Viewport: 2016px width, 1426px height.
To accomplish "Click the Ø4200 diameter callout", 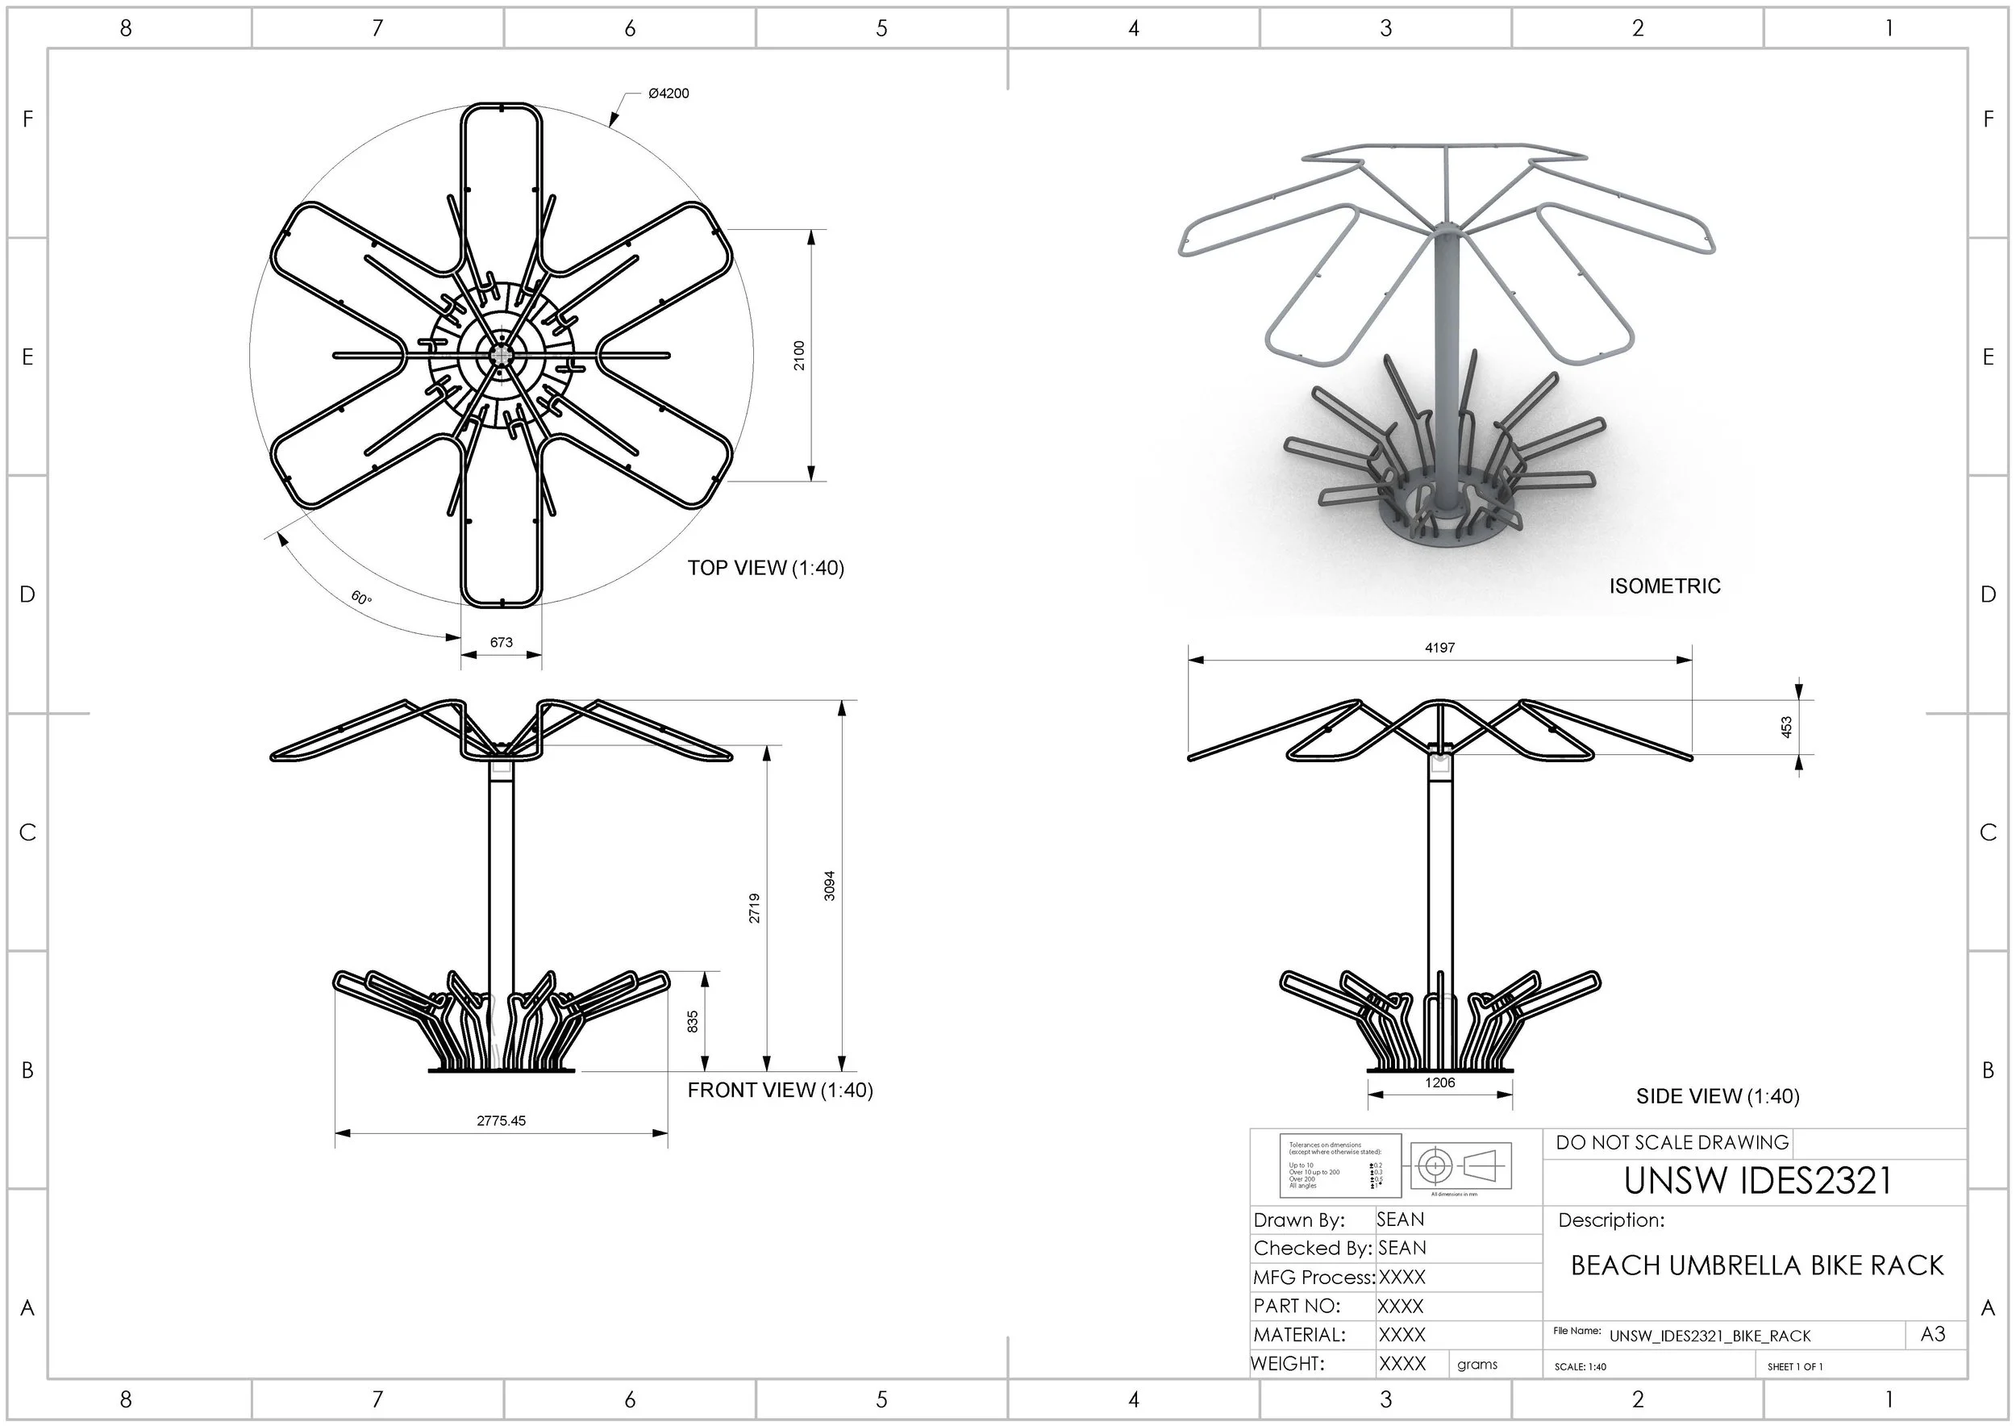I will [x=669, y=93].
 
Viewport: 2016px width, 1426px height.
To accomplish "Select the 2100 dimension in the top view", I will [x=799, y=355].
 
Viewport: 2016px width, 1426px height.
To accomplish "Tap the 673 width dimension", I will [x=502, y=642].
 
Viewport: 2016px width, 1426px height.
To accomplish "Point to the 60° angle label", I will [x=362, y=598].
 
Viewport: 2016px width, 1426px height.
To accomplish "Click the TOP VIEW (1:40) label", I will [x=765, y=568].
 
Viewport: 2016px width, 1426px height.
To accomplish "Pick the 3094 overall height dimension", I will [x=830, y=886].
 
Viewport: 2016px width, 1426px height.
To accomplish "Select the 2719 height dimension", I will [x=754, y=908].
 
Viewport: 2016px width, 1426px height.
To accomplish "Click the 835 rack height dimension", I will [x=693, y=1021].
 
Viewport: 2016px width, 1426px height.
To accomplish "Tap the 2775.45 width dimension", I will [x=502, y=1120].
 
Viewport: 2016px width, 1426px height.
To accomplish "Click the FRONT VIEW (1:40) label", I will [x=780, y=1090].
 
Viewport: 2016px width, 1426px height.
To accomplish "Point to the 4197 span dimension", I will [x=1440, y=648].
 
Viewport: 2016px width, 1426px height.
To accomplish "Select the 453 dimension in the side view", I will [x=1786, y=727].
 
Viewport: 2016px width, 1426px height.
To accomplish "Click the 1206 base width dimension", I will [x=1440, y=1082].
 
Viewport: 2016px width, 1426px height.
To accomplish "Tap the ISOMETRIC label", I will [x=1664, y=586].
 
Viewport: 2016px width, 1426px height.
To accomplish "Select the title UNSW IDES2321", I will [x=1758, y=1181].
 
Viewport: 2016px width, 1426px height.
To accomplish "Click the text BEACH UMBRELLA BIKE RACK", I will [x=1757, y=1265].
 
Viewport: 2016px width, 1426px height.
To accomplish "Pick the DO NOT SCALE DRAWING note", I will [x=1672, y=1142].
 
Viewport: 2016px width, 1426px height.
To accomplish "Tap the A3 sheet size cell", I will [x=1933, y=1335].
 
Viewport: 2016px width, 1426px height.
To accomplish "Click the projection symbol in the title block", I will [x=1460, y=1166].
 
